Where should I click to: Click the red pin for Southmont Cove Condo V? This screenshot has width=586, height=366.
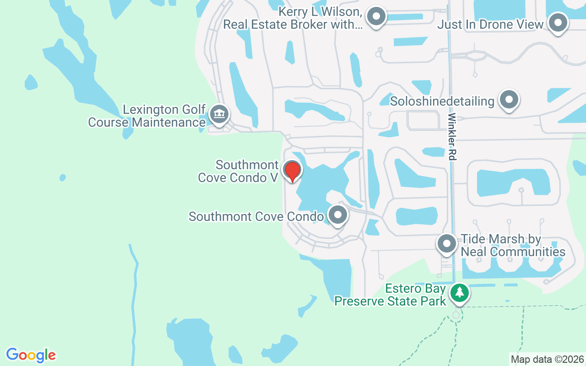pos(292,170)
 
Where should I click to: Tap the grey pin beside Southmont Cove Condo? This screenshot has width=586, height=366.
pos(338,214)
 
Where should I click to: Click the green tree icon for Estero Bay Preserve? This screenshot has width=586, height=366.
pos(459,292)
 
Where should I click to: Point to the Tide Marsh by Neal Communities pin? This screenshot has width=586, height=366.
pos(446,243)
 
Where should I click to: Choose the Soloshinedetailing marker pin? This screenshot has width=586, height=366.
pos(509,99)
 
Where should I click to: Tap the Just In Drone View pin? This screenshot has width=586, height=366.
pos(558,22)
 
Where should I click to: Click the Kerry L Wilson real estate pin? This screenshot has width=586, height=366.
pos(376,16)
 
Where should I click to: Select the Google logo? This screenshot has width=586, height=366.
pos(31,355)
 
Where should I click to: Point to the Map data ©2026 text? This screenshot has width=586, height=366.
pos(547,359)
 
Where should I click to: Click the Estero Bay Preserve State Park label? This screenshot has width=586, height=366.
pos(390,295)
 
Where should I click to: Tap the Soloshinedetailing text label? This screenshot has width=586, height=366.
pos(442,101)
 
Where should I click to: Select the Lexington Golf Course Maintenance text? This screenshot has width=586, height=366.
pos(146,116)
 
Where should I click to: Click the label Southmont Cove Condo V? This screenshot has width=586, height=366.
pos(239,171)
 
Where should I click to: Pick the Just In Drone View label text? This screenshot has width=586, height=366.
pos(490,24)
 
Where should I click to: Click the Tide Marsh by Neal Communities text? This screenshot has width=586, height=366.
pos(513,246)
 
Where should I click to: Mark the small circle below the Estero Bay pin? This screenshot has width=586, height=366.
pos(456,315)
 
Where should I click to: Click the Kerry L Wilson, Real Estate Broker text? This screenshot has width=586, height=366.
pos(293,18)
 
